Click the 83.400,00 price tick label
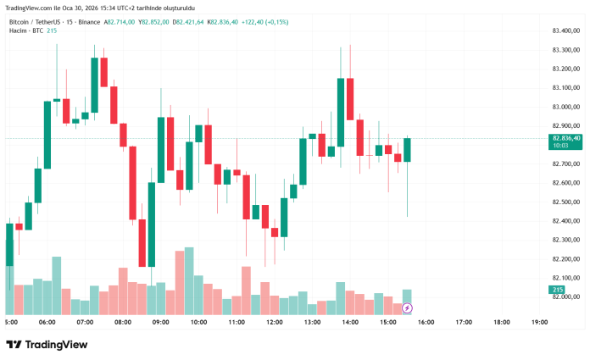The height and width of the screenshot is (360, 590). (x=565, y=30)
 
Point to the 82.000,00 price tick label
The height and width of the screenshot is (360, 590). (x=565, y=296)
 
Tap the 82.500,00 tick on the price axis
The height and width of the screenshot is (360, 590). (x=565, y=202)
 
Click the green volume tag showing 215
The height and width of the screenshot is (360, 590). (x=558, y=290)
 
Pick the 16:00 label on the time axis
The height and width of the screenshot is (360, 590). (x=426, y=322)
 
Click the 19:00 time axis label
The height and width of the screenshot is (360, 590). (x=540, y=322)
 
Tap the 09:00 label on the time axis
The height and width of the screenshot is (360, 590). (x=160, y=322)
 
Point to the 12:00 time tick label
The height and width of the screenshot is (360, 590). (x=274, y=322)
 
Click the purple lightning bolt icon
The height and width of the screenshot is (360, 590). (x=407, y=307)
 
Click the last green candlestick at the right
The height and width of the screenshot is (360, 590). (x=407, y=150)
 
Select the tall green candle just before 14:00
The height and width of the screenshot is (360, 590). (x=340, y=112)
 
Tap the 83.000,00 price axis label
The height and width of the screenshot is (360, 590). (x=565, y=107)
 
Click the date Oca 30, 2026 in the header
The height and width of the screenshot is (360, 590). (x=88, y=6)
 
